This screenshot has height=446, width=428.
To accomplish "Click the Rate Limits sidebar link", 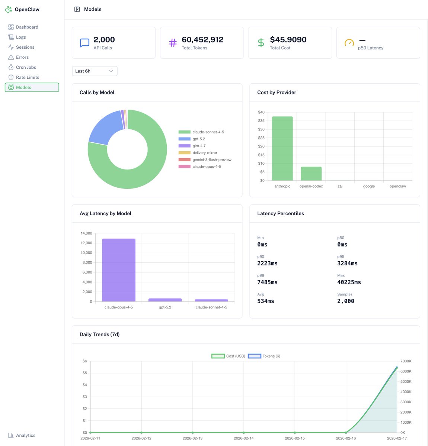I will [27, 77].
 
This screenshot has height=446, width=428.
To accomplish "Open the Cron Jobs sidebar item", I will [26, 67].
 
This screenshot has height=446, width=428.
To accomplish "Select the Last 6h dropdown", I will [95, 71].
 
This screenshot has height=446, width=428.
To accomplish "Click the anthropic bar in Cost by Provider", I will [282, 149].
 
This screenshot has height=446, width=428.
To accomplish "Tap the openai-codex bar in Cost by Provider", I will [311, 174].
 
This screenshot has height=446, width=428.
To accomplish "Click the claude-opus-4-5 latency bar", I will [119, 270].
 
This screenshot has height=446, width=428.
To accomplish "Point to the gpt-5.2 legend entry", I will [198, 139].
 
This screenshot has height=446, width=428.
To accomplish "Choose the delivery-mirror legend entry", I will [204, 153].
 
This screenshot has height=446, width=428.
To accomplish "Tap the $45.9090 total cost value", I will [288, 40].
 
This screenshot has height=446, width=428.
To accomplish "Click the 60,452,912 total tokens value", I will [202, 40].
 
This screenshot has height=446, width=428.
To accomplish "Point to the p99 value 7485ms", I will [267, 282].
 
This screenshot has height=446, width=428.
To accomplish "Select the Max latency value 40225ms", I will [349, 282].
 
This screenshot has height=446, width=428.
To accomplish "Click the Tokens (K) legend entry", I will [264, 356].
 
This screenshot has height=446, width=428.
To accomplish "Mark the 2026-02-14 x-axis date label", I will [243, 438].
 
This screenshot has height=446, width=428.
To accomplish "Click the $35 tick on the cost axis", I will [261, 121].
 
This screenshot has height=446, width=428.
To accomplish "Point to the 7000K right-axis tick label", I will [406, 361].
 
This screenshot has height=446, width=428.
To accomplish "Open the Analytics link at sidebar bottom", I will [25, 435].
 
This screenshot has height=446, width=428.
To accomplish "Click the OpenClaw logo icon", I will [9, 10].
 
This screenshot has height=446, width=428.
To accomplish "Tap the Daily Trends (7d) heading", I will [99, 334].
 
